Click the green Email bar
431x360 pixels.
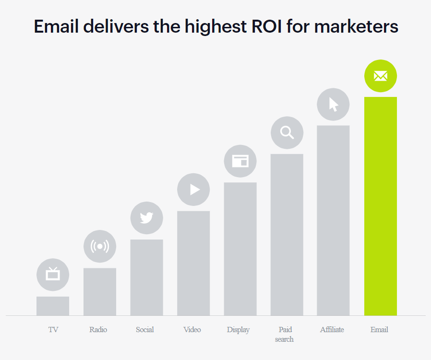381,206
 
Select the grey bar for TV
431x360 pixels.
53,306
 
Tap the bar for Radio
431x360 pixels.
100,291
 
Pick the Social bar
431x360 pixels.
146,277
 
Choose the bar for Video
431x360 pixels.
193,263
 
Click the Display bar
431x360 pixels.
240,249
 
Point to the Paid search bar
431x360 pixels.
287,235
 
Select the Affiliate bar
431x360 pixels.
333,220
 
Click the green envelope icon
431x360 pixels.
381,76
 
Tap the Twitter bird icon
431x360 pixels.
146,218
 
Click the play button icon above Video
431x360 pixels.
193,189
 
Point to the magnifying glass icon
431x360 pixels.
287,133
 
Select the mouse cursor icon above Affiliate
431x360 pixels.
333,105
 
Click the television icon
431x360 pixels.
53,275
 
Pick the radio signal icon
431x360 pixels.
100,246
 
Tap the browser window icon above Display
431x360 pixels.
240,161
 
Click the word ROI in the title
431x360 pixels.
266,26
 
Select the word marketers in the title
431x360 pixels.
356,26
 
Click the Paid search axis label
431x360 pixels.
285,334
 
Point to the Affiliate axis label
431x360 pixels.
332,329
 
